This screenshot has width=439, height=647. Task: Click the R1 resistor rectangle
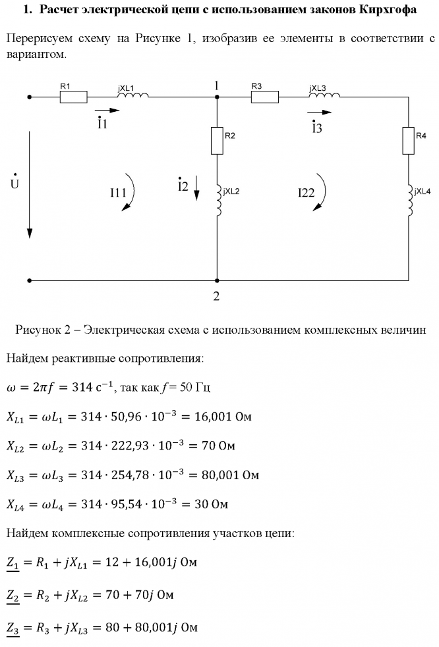point(73,97)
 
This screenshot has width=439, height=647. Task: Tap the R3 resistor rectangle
point(264,97)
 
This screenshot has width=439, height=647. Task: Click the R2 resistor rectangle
point(217,141)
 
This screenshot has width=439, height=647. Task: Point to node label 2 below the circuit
point(216,296)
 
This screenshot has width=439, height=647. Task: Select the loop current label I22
point(307,193)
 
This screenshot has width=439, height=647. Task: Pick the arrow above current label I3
point(320,113)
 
